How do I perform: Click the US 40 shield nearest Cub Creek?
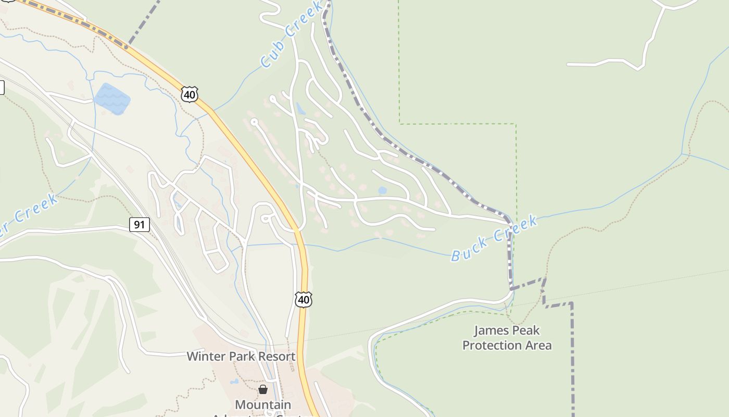point(190,94)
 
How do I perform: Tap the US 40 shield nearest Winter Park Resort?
point(304,299)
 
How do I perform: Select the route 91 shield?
point(140,225)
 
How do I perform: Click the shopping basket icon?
point(263,389)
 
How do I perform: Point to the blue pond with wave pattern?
point(111,97)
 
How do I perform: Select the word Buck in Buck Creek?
point(469,248)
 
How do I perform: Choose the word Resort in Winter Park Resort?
point(275,357)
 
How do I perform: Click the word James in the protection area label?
point(489,330)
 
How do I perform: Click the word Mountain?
point(263,404)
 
